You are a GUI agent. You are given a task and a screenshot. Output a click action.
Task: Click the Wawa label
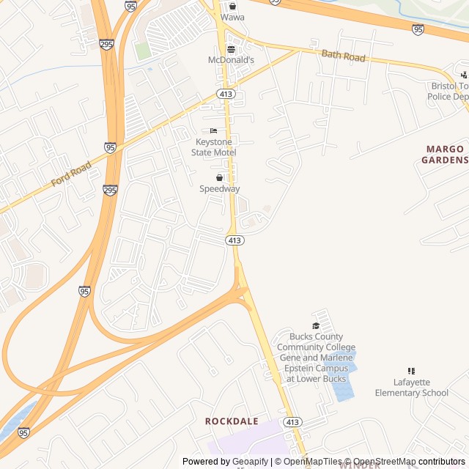click(x=232, y=17)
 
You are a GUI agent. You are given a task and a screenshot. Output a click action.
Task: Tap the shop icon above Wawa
click(x=232, y=6)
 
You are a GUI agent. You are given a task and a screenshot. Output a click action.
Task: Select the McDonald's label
click(x=231, y=60)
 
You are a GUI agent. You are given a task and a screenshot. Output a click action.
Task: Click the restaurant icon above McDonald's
click(x=231, y=50)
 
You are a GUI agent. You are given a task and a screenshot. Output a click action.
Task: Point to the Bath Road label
click(x=343, y=56)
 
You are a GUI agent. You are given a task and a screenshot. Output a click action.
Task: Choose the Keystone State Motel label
click(x=213, y=147)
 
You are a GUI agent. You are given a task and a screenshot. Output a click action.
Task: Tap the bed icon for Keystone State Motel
click(x=213, y=130)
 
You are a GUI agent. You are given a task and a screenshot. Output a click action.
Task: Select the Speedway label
click(x=219, y=188)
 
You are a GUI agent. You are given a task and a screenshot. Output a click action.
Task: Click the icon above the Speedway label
click(x=219, y=177)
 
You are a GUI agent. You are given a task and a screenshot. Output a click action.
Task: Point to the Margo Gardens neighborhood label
click(x=446, y=154)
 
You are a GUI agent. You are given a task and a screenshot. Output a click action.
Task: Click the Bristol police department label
click(x=448, y=91)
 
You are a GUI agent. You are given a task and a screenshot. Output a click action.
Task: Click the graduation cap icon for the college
click(x=316, y=326)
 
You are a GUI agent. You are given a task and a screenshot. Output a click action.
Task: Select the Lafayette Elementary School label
click(x=411, y=388)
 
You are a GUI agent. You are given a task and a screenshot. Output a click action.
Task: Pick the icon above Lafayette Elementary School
click(x=411, y=372)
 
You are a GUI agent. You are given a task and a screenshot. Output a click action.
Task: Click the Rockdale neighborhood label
click(x=232, y=421)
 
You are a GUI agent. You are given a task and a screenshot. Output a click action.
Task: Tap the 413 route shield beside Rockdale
click(x=292, y=422)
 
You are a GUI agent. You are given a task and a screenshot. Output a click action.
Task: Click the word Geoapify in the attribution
click(x=250, y=462)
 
